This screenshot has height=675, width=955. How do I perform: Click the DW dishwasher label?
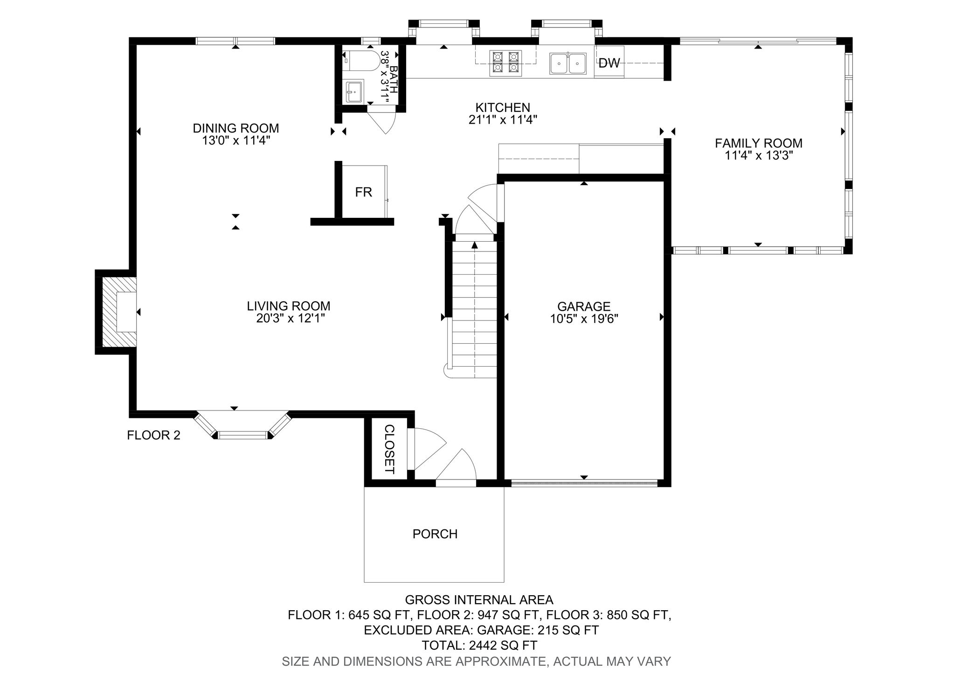pos(609,63)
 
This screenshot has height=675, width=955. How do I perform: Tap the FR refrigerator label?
pos(364,192)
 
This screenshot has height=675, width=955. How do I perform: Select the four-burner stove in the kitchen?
pos(506,63)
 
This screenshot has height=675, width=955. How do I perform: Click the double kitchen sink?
pos(568,63)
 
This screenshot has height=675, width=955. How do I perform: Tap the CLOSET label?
pos(389,449)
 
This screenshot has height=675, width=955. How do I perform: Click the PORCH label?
pos(435,534)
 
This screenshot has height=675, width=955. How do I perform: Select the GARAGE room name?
pos(584,306)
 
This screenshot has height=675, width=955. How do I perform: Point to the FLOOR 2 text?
pos(153,435)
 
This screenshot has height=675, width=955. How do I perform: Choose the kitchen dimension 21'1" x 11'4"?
pos(503,120)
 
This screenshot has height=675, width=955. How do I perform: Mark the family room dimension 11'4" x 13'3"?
pos(759,155)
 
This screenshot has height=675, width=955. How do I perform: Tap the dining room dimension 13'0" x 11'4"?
pos(236,140)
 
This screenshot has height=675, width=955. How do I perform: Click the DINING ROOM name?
pos(236,128)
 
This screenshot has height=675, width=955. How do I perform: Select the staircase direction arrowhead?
pos(475,245)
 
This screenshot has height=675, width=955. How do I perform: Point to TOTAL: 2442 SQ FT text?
pos(479,646)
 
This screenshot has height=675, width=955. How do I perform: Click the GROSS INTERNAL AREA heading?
pos(479,599)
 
